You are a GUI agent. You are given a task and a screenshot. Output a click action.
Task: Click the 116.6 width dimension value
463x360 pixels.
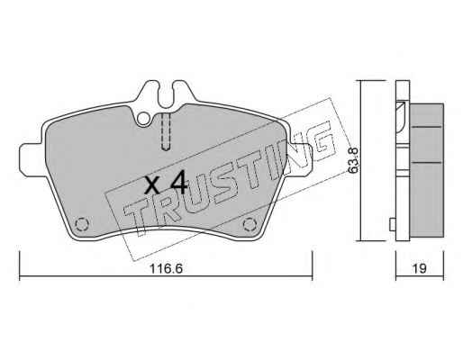(166, 268)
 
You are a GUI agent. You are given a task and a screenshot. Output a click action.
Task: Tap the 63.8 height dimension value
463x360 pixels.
(354, 160)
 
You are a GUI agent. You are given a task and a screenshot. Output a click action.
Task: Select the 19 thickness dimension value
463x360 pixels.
(419, 268)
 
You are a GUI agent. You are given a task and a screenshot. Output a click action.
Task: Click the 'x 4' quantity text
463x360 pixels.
(166, 184)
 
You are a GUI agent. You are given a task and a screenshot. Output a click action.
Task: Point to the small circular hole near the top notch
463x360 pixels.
(143, 119)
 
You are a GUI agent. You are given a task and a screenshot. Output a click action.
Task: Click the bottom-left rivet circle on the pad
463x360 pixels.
(81, 224)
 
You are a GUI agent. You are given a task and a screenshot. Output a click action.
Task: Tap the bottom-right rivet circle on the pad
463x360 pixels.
(249, 224)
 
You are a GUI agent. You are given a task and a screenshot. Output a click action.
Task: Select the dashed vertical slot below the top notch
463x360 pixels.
(166, 131)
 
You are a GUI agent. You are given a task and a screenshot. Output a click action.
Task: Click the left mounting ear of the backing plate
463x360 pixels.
(30, 158)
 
